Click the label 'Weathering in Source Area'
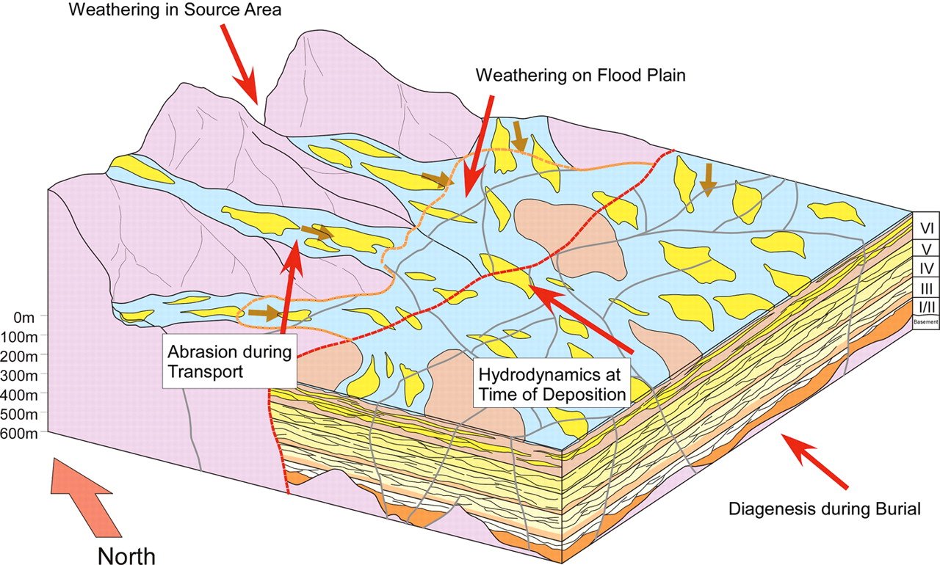tap(175, 10)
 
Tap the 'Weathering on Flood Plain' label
tap(580, 76)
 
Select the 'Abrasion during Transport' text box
tap(230, 361)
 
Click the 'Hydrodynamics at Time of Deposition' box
tap(552, 383)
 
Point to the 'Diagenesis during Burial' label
tap(825, 508)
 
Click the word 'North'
tap(126, 555)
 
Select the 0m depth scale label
tap(24, 318)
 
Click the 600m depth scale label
tap(19, 434)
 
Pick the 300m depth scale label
tap(19, 376)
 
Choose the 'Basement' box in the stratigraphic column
tap(926, 322)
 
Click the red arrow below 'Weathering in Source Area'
tap(239, 64)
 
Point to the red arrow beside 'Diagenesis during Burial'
tap(814, 462)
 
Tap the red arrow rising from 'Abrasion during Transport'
tap(290, 286)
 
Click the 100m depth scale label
tap(19, 337)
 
